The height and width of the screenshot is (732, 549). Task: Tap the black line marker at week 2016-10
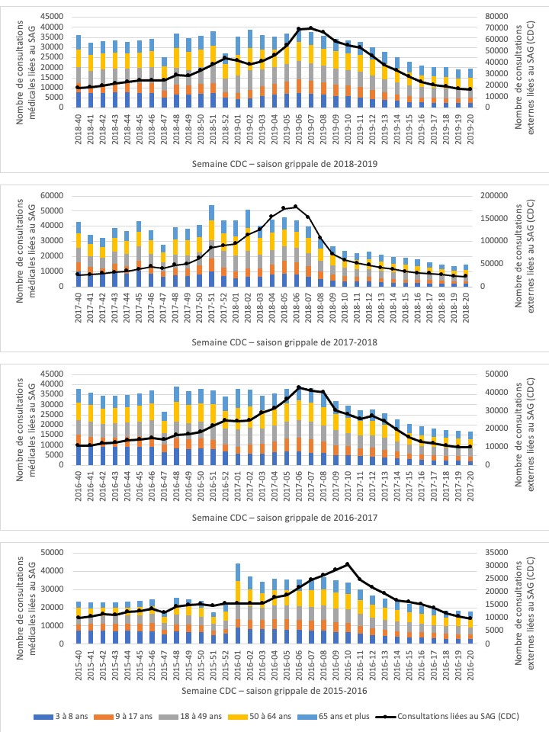(348, 564)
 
